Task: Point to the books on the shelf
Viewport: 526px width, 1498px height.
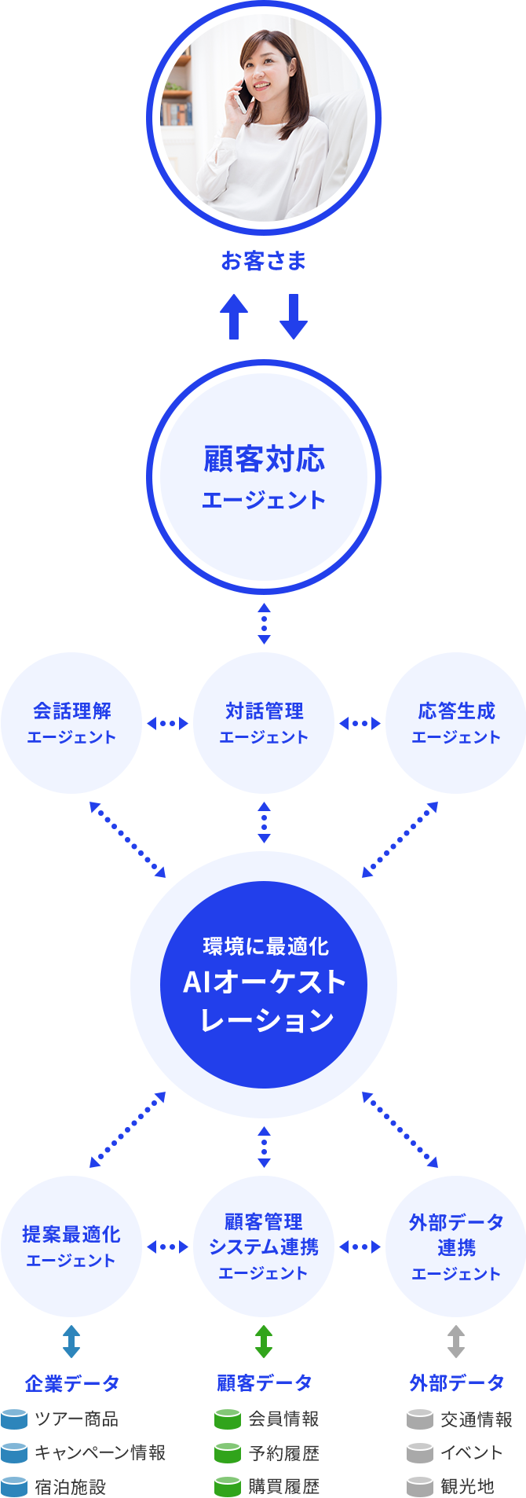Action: point(177,114)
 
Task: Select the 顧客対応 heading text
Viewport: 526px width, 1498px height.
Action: point(264,460)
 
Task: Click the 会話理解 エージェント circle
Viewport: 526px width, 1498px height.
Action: point(71,723)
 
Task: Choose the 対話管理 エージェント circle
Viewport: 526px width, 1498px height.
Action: point(264,723)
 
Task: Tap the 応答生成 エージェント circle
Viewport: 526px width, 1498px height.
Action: point(456,723)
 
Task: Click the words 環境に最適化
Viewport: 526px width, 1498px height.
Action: point(265,946)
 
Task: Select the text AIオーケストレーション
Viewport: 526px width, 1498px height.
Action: point(264,1001)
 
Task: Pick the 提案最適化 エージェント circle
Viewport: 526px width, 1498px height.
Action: point(71,1246)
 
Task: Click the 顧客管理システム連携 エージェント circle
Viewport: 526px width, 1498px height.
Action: point(264,1246)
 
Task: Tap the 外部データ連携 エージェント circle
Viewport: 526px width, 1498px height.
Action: point(456,1246)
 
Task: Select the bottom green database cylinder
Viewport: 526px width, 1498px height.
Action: point(228,1486)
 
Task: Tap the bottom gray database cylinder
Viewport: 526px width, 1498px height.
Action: point(420,1486)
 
